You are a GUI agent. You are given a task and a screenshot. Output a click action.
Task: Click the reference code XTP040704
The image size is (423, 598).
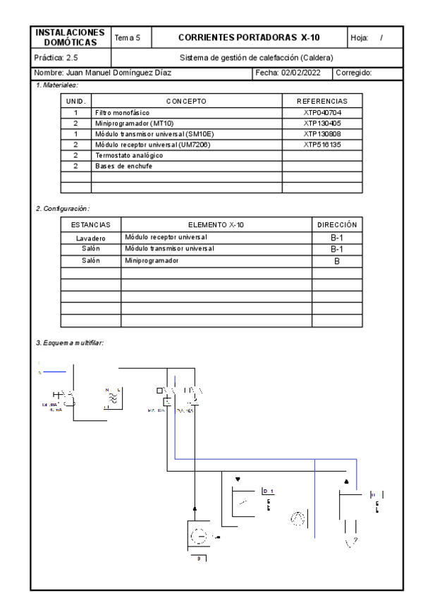323,112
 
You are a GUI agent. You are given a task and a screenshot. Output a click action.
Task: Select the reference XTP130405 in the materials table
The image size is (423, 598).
323,123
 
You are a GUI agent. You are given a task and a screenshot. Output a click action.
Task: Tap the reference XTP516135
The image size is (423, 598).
323,144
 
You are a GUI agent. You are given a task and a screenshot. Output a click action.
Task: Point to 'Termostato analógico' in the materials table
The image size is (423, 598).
125,154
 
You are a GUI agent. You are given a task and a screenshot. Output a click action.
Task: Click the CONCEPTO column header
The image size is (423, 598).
186,102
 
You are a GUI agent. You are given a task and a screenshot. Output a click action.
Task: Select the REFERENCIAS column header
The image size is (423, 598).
323,102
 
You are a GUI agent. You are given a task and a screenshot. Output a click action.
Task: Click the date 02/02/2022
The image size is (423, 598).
295,72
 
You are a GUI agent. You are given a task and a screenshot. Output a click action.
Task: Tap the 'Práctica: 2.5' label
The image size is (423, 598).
56,57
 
